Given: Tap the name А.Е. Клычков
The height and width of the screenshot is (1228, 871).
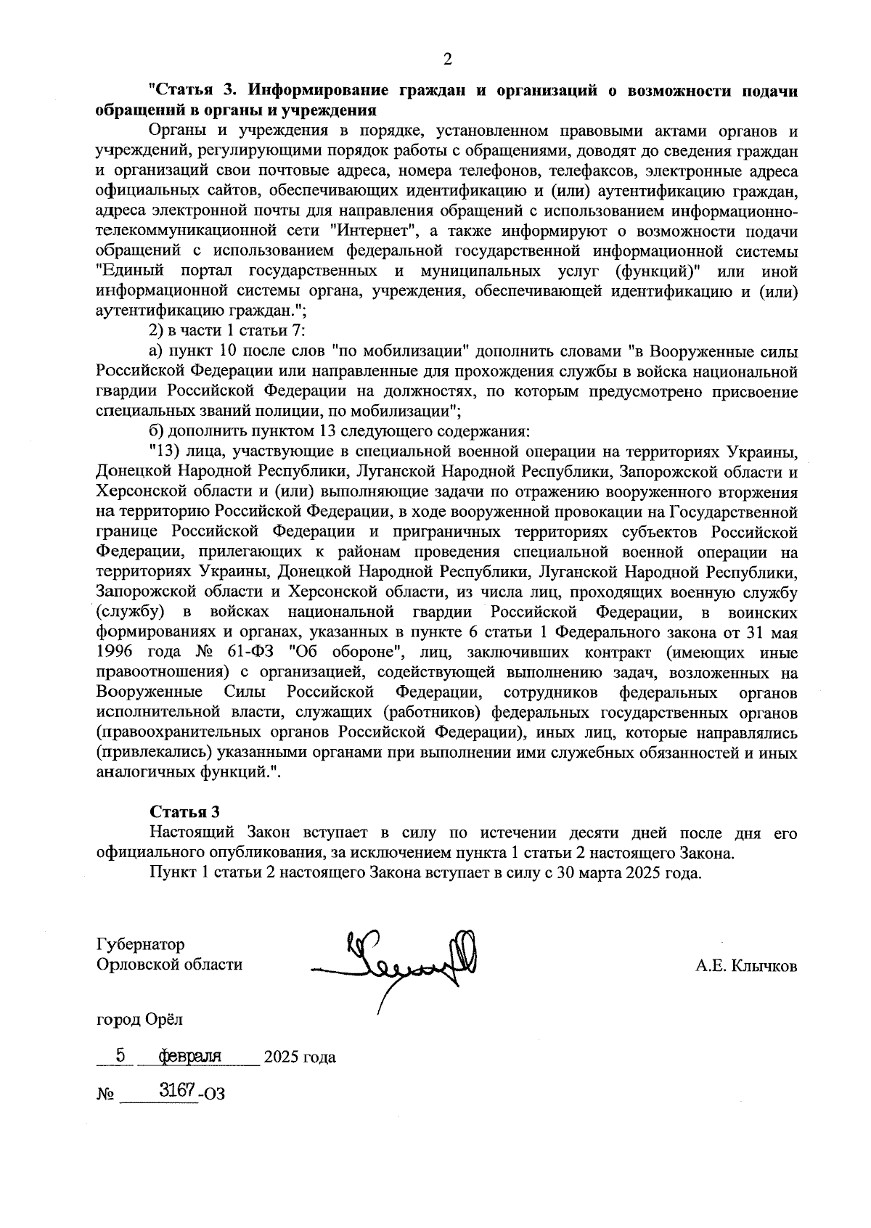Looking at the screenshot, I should (746, 965).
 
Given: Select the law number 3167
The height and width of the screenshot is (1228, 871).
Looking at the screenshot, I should (175, 1090).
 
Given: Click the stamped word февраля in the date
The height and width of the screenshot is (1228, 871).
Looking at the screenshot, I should (189, 1055).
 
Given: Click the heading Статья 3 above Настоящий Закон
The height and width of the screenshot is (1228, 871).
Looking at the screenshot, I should (184, 811).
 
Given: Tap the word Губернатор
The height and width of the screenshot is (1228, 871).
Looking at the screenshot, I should (140, 944).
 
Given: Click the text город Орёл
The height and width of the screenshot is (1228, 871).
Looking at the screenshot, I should (140, 1019).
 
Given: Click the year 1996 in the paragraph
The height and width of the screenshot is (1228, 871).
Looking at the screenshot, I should (115, 652).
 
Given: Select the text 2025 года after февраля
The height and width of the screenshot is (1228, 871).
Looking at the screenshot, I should (300, 1057).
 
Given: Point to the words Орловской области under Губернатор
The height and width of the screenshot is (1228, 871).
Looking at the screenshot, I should (169, 965).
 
